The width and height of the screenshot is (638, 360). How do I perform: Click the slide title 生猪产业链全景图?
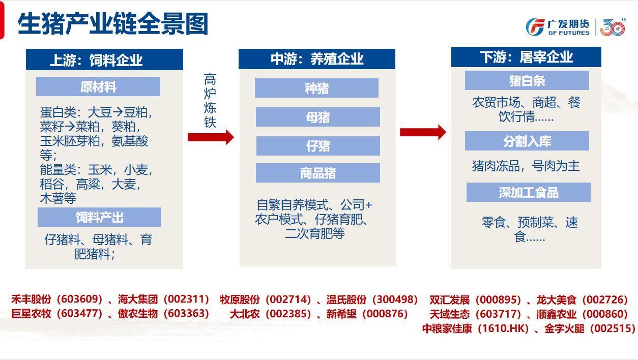coord(113,24)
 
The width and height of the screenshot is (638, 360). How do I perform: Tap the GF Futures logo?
coord(575,27)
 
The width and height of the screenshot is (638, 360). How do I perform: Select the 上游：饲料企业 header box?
coord(104,59)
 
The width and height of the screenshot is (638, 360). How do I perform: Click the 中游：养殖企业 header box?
coord(317,59)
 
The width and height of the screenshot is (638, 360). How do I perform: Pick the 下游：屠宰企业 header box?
coord(526,57)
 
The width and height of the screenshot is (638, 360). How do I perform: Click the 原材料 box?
coord(98,86)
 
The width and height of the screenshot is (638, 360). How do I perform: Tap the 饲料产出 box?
coord(99,217)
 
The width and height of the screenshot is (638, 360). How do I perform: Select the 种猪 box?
coord(316,88)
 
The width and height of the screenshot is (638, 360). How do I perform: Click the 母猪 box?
coord(318,117)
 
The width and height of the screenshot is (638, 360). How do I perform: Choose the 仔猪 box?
coord(318,146)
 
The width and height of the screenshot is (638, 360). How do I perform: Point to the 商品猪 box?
coord(318,173)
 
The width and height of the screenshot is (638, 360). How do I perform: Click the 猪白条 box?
coord(527,80)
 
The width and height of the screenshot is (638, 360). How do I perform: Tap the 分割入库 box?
coord(527,141)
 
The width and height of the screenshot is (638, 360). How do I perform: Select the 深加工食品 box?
coord(528,192)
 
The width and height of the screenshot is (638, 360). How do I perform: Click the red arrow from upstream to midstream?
coord(211,137)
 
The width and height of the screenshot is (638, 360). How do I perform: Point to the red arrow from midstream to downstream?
coord(423,132)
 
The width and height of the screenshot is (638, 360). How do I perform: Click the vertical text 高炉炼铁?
coord(210,101)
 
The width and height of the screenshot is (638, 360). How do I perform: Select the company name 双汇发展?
coord(449,299)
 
